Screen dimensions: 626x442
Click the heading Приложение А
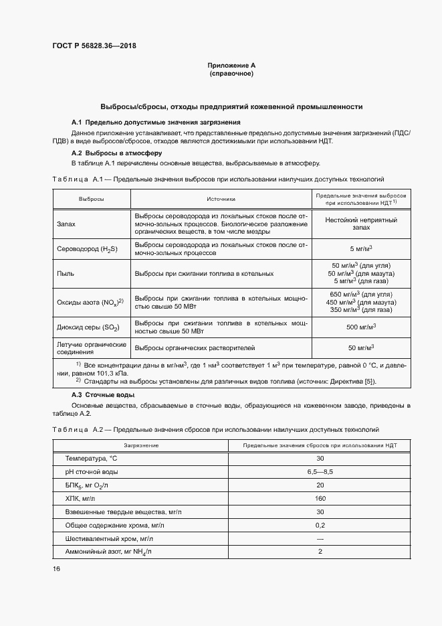point(231,65)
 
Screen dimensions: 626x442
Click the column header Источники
point(221,198)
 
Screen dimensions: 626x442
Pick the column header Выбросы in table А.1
point(91,198)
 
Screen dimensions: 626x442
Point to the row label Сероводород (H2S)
point(87,249)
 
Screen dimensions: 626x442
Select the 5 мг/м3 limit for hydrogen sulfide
point(361,249)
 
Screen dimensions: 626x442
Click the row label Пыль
point(66,273)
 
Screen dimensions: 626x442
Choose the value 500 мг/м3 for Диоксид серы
point(361,326)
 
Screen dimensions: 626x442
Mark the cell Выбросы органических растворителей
point(192,347)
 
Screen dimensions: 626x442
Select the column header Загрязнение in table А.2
point(141,445)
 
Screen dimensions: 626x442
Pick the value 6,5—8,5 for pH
point(320,471)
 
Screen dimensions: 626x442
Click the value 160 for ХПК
point(320,498)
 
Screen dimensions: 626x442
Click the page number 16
point(56,568)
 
